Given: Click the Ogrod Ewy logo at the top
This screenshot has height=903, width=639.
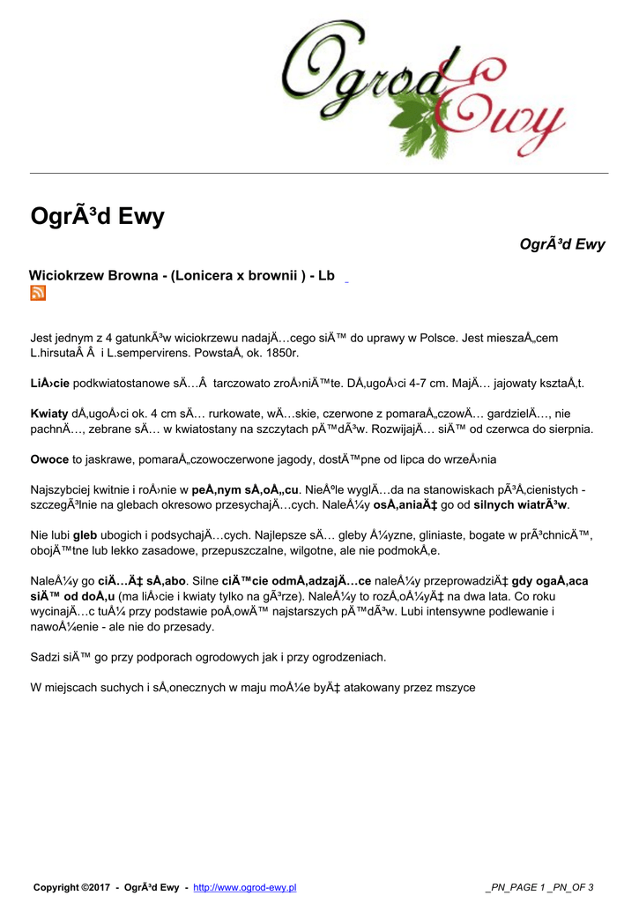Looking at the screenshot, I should point(423,88).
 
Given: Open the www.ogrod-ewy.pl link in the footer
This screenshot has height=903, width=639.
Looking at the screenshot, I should point(244,887).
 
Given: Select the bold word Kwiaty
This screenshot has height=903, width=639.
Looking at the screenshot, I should point(49,413).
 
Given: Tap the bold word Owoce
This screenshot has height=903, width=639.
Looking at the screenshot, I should point(49,459).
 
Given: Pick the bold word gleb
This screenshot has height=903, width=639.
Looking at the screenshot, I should point(85,534).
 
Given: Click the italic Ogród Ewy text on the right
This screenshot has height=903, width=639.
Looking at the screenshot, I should point(562,244).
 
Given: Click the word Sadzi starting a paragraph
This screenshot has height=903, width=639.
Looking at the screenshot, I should point(48,657).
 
